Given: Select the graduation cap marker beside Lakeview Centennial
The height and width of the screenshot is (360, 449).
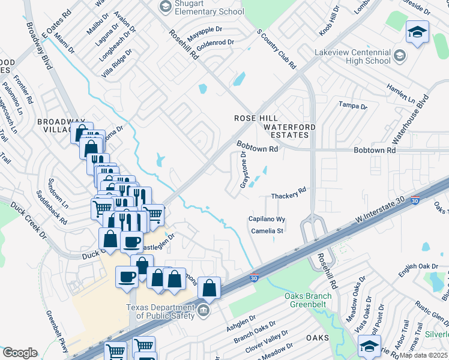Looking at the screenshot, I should point(417,32).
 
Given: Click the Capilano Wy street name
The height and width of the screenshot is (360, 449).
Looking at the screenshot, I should point(267,220).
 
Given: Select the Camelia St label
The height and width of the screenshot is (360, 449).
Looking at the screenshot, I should point(267,230).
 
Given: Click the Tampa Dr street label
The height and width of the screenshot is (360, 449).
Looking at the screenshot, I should point(353,106).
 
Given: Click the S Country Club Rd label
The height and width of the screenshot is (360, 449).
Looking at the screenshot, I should point(277,48).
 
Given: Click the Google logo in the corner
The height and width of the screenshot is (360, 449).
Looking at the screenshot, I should point(20,352).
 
